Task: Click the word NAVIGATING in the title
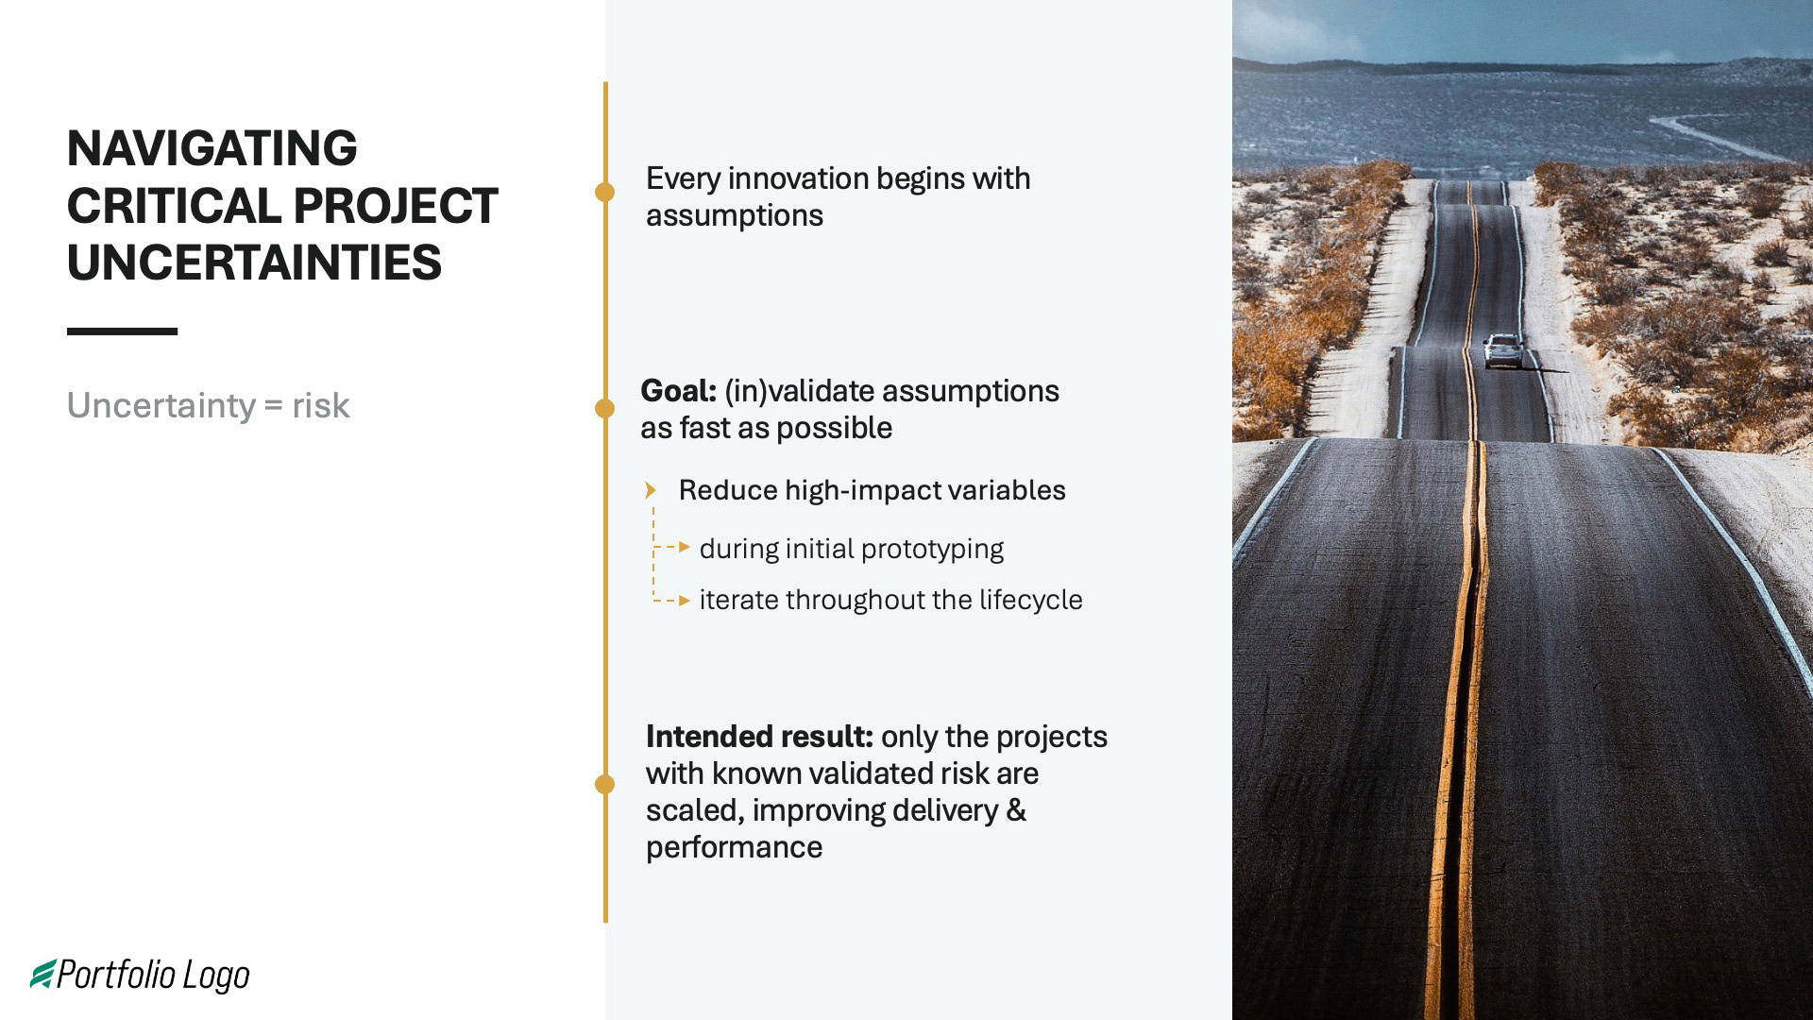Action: [x=212, y=148]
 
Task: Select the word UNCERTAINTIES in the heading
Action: [x=254, y=263]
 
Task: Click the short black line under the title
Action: [x=122, y=331]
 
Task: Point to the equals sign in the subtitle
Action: [x=273, y=406]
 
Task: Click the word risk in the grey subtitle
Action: [x=320, y=406]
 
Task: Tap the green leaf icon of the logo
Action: [x=43, y=974]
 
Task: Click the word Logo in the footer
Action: [x=216, y=976]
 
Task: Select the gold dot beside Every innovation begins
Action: [x=604, y=192]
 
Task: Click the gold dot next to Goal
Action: [x=604, y=408]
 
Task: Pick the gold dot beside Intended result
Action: [x=604, y=784]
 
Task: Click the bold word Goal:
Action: [x=678, y=391]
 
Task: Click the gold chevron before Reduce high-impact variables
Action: [x=650, y=490]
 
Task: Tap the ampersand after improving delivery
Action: [x=1016, y=810]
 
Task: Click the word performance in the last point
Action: [x=734, y=847]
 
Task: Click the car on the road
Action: [x=1502, y=351]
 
